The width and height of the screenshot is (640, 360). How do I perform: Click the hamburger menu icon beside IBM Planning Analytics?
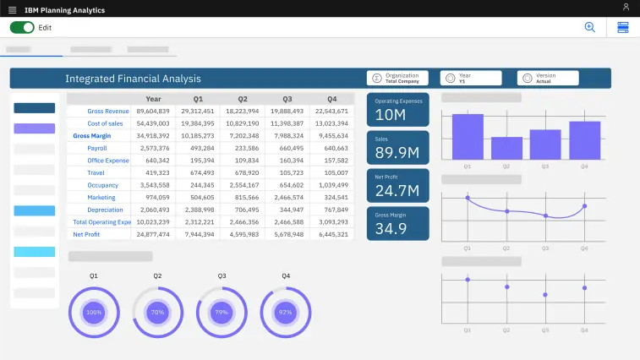click(12, 9)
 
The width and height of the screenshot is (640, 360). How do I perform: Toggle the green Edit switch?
click(22, 27)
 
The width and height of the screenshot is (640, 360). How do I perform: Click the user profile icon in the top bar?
click(626, 8)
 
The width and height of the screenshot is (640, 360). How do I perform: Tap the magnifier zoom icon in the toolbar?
click(590, 27)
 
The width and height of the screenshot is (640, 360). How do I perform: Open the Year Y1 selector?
click(470, 78)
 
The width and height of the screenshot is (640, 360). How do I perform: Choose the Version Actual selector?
click(548, 78)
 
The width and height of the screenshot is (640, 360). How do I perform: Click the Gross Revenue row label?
click(107, 111)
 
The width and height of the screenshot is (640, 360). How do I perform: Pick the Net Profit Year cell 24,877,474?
click(152, 234)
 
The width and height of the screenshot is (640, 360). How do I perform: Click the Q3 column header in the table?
click(287, 99)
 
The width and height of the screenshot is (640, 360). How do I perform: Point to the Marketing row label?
click(101, 197)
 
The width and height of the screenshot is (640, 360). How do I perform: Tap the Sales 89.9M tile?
click(397, 147)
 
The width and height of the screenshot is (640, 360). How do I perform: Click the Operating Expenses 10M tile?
click(397, 110)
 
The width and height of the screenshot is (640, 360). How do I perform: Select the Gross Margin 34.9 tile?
click(397, 223)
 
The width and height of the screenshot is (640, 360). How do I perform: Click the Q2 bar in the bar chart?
click(506, 148)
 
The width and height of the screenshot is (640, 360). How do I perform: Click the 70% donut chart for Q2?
click(157, 312)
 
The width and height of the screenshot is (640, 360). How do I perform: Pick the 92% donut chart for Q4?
click(286, 312)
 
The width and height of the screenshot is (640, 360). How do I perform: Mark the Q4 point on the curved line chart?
click(584, 205)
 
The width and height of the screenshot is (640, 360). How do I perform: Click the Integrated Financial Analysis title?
click(133, 79)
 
